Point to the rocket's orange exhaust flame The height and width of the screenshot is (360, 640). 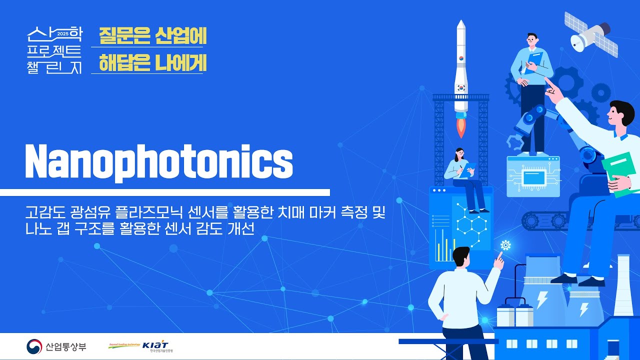coord(461,127)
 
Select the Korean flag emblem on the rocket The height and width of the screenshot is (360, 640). coord(461,86)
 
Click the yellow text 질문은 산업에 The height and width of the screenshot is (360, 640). coord(152,35)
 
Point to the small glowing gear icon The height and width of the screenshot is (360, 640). coord(505,245)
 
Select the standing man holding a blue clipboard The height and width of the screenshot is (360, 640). coord(531,90)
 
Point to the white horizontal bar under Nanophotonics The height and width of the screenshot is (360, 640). coord(165,192)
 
